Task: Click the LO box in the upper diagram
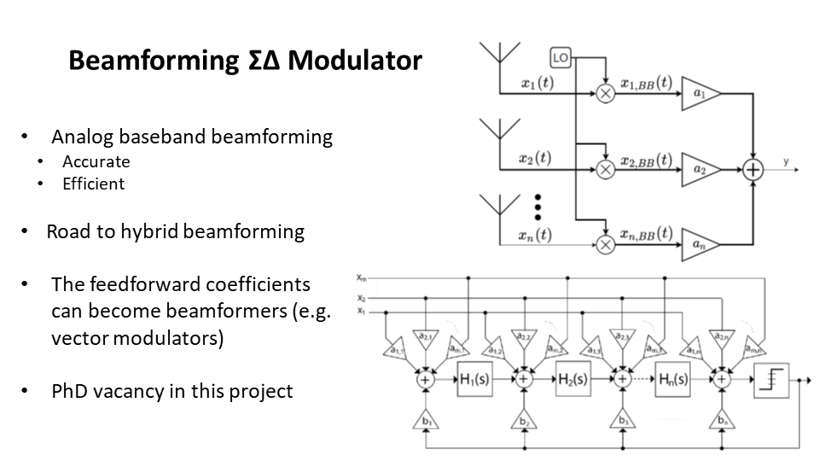[x=561, y=57]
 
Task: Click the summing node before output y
[x=752, y=170]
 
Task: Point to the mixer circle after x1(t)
[x=605, y=94]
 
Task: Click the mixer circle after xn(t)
[x=605, y=245]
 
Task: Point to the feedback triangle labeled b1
[x=424, y=420]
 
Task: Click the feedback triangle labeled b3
[x=622, y=420]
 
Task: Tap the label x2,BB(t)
[x=646, y=160]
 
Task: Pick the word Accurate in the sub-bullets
[x=96, y=161]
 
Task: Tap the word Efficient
[x=94, y=184]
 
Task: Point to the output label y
[x=786, y=159]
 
